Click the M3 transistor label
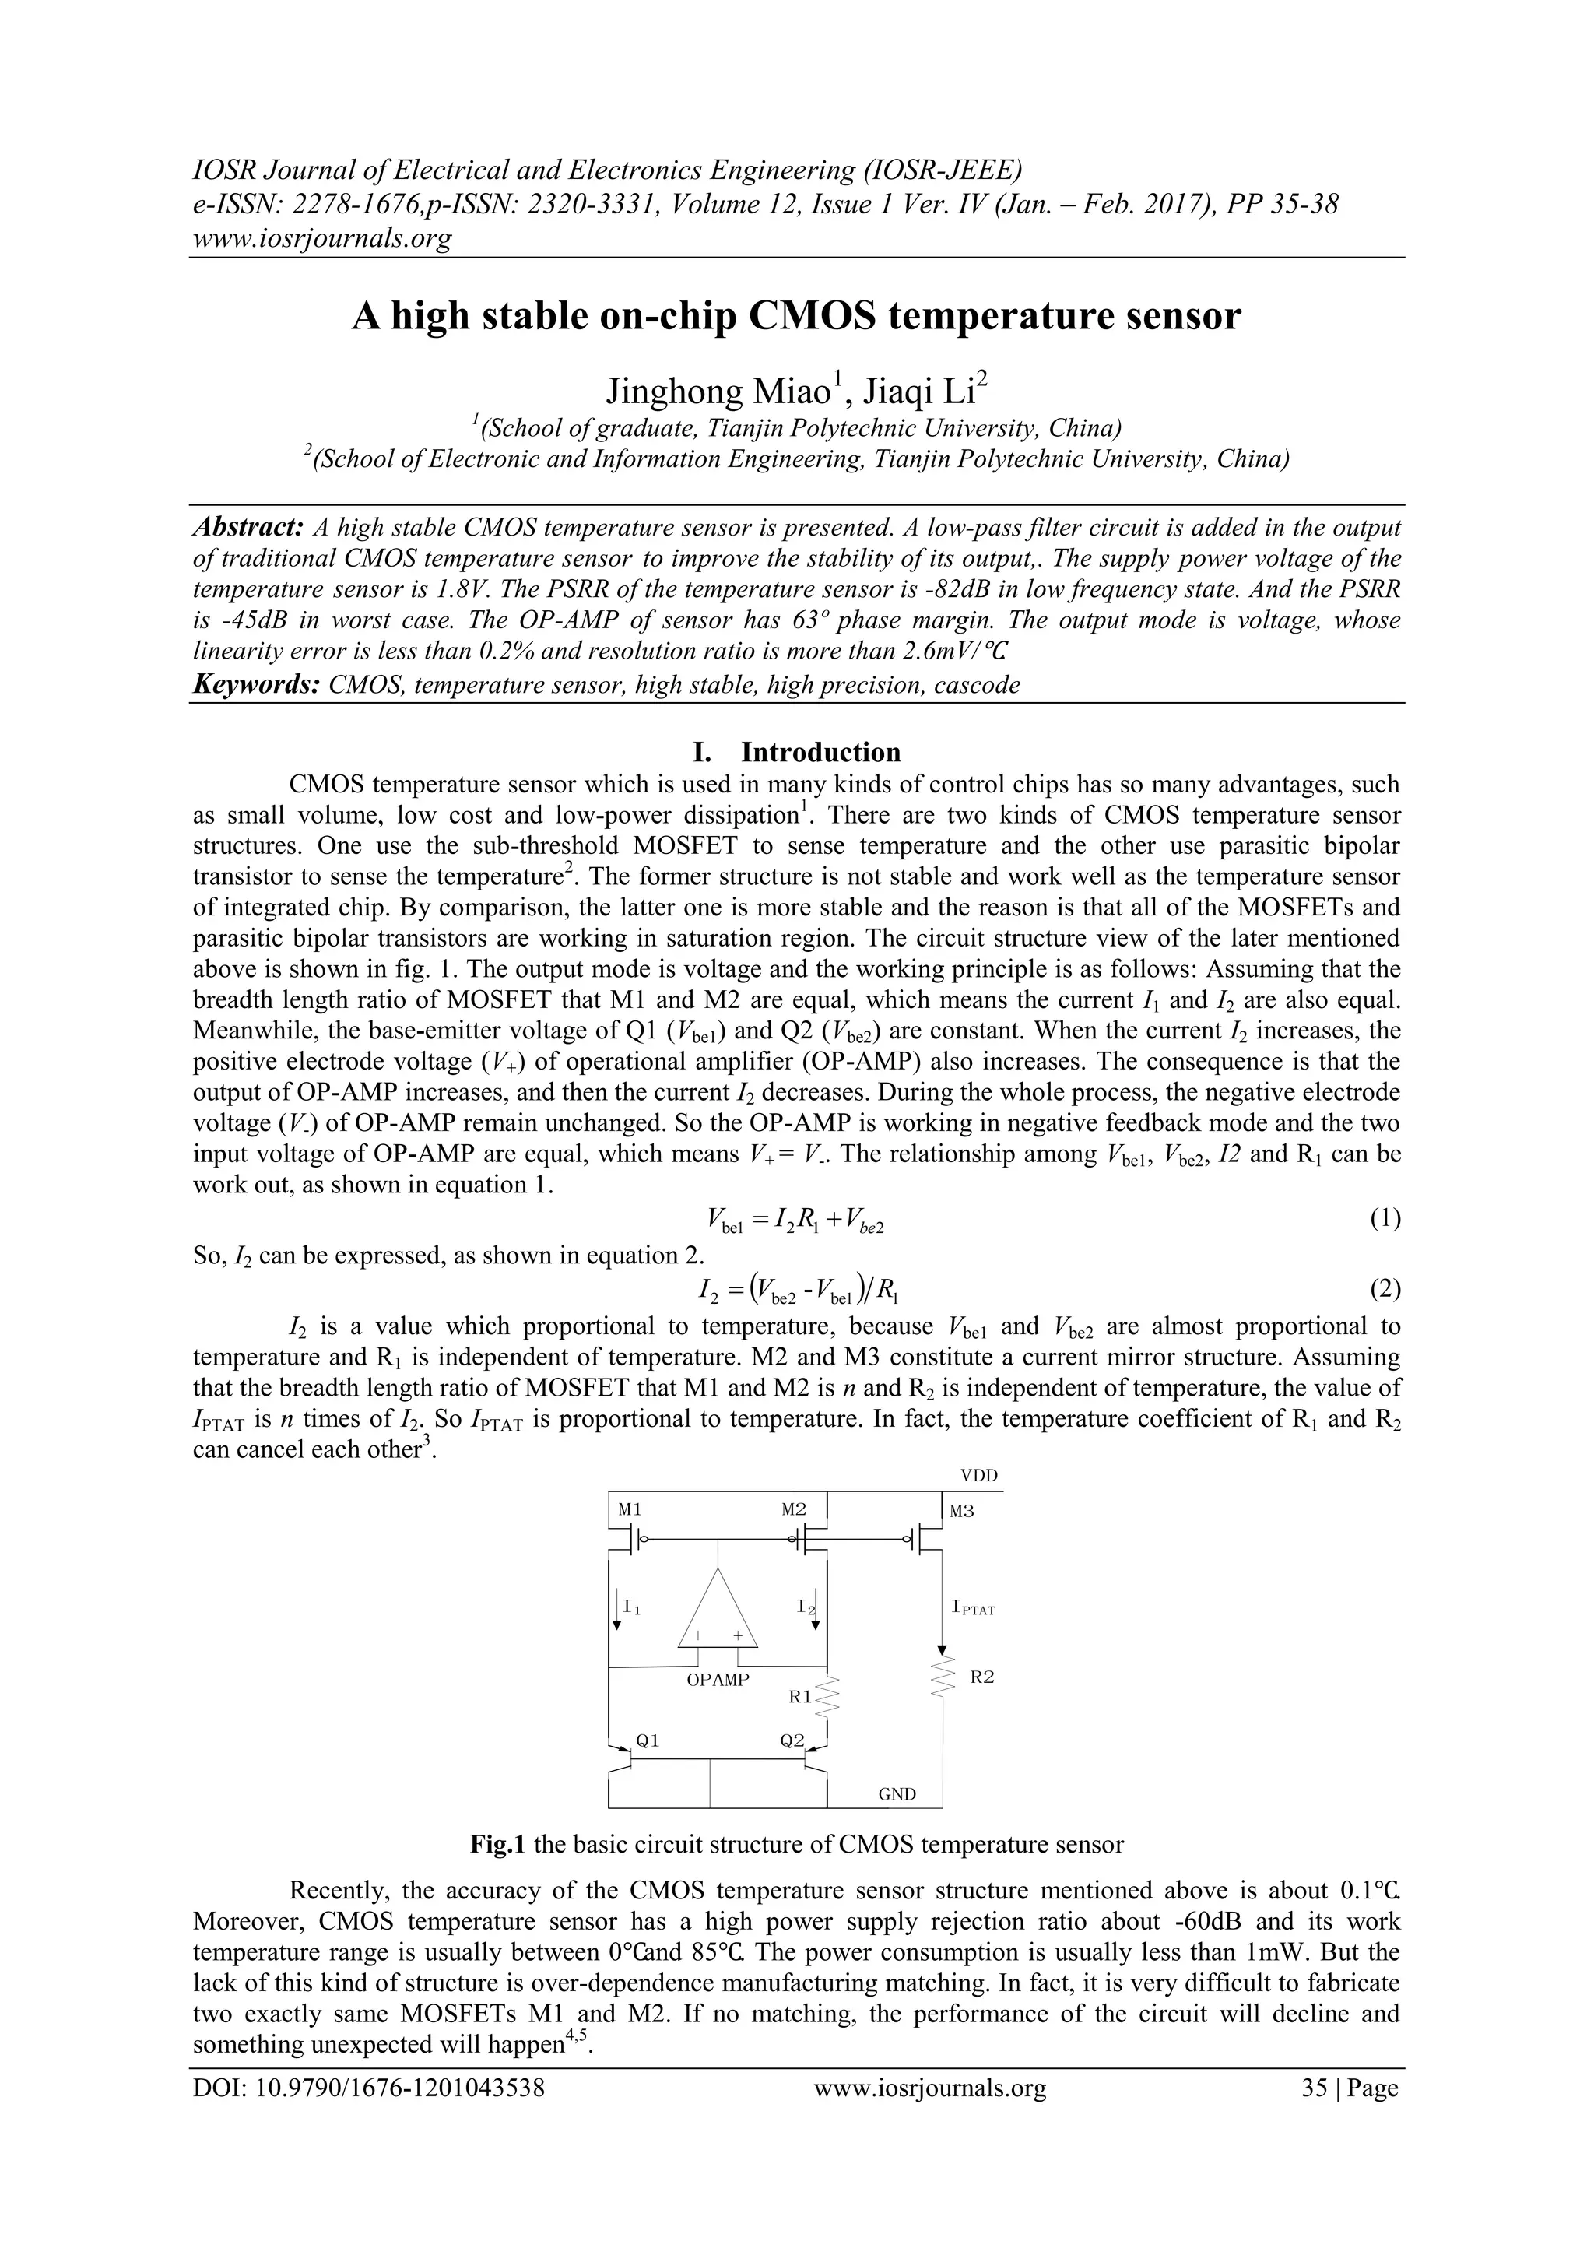coord(961,1512)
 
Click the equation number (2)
coord(1385,1288)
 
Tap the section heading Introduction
coord(820,753)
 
